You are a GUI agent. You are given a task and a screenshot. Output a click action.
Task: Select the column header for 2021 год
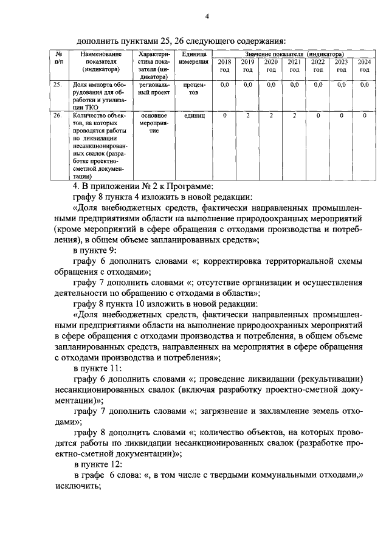coord(294,66)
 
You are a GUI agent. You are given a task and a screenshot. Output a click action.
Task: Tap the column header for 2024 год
coord(364,66)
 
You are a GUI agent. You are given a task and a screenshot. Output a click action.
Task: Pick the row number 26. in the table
coord(57,115)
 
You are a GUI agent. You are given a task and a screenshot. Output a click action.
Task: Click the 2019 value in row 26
coord(247,115)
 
